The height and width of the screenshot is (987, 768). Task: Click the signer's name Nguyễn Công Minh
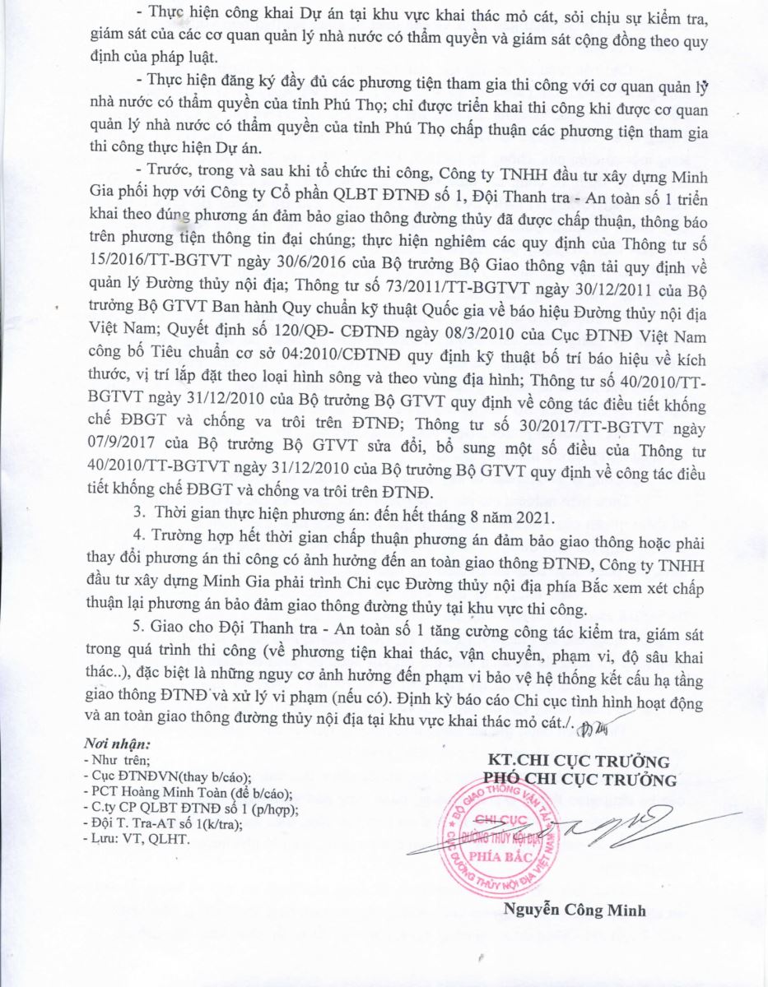(x=574, y=911)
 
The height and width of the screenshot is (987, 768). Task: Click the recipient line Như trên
(x=118, y=760)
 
